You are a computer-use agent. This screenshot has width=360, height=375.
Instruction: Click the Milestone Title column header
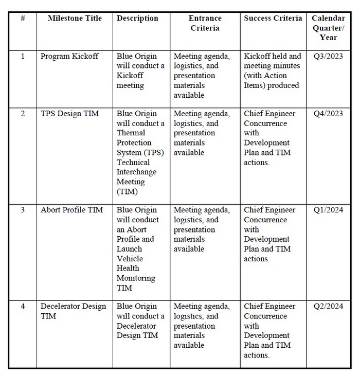(75, 19)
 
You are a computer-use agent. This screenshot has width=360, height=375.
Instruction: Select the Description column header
(137, 19)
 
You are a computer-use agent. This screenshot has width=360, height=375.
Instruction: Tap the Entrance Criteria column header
(205, 23)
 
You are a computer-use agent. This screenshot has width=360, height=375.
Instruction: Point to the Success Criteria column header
(273, 19)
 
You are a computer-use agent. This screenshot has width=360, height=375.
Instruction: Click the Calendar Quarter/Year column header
(328, 28)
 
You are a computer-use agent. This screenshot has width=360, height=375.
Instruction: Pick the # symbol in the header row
(23, 19)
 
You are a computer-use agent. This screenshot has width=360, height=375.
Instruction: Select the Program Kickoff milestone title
(69, 56)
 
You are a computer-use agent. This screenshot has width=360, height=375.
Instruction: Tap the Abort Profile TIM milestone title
(72, 210)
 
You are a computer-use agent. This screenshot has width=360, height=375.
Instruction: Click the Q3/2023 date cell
(328, 56)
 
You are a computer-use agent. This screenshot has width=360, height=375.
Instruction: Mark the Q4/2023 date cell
(328, 114)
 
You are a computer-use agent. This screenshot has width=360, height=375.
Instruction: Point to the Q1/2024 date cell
(328, 210)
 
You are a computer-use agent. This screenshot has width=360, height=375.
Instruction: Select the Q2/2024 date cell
(328, 307)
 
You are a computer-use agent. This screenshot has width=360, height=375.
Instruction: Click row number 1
(23, 56)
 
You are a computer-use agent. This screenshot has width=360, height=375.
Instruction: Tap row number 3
(23, 210)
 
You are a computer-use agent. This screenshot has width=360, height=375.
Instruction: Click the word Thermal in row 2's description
(131, 133)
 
